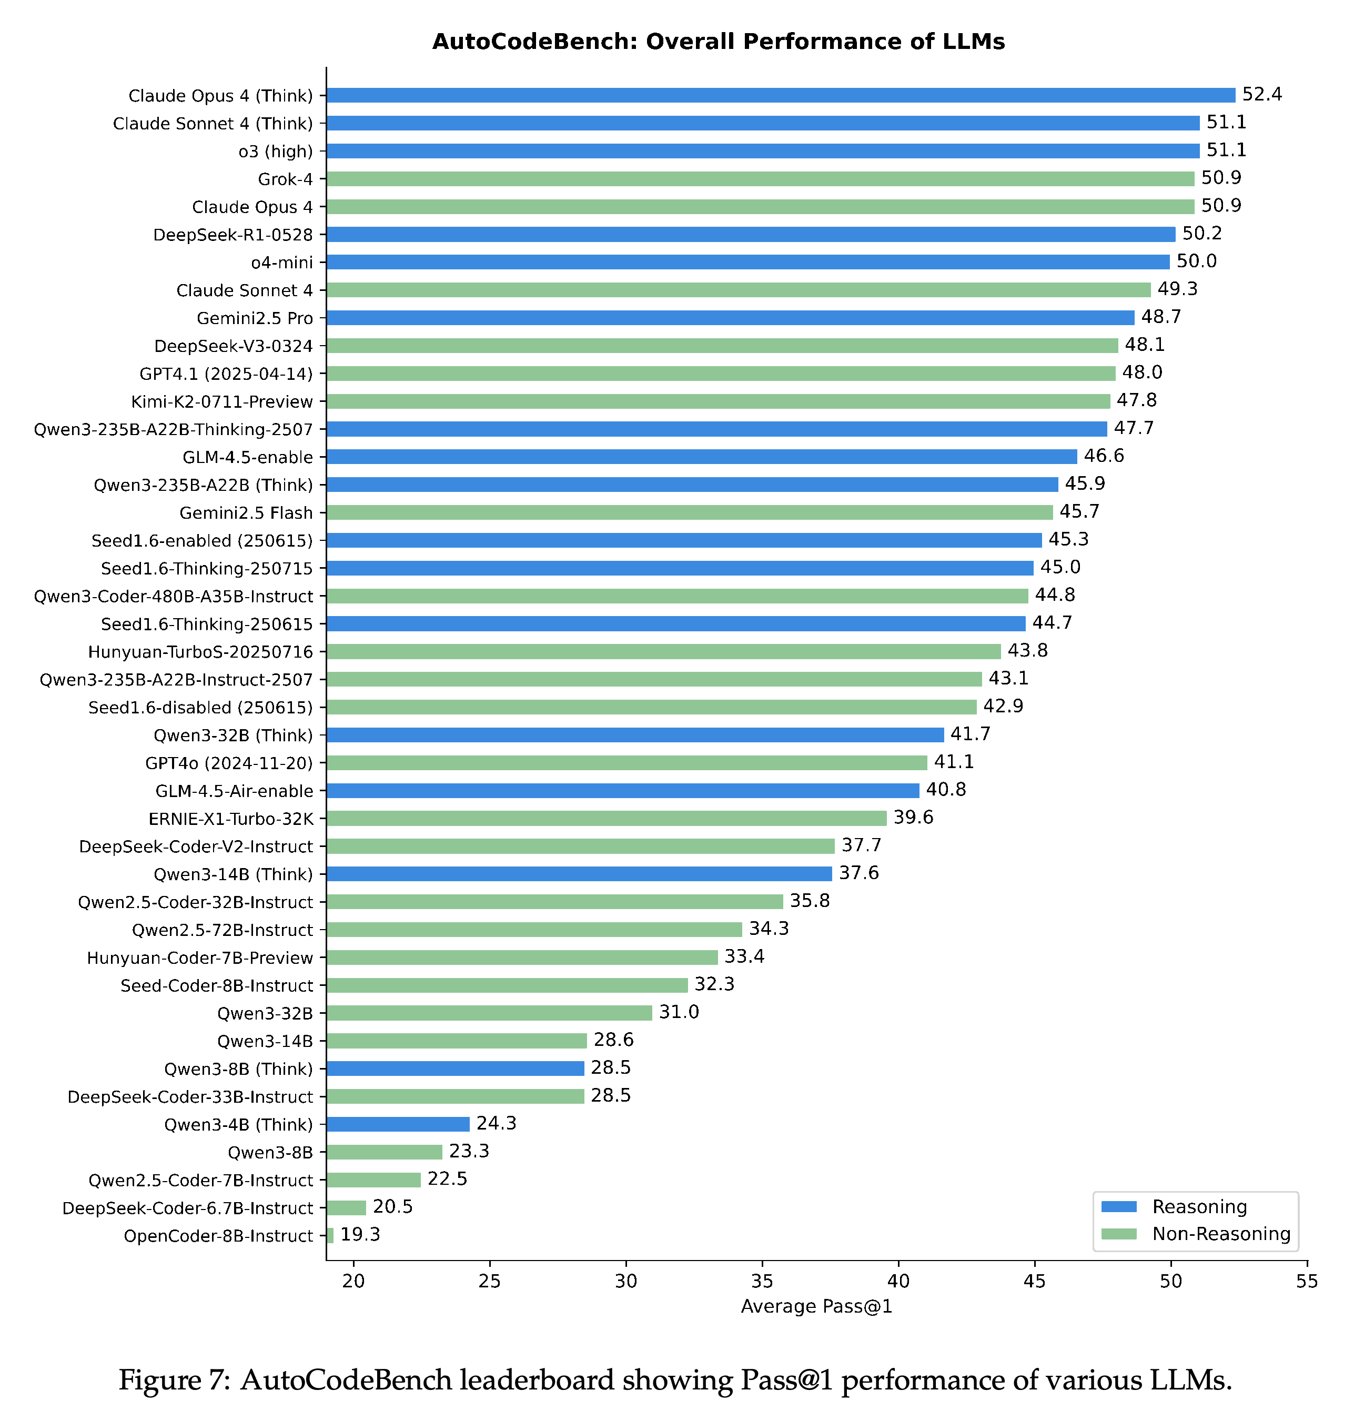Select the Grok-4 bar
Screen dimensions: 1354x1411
[760, 178]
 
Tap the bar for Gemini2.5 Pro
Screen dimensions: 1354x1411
[730, 317]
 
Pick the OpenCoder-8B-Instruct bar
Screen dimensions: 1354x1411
[330, 1235]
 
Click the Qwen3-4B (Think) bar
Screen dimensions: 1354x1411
[398, 1124]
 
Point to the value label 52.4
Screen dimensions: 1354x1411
[1262, 94]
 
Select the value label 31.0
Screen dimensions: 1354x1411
[679, 1012]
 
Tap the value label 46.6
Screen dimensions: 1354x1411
[1104, 456]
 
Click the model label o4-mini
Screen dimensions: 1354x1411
[282, 263]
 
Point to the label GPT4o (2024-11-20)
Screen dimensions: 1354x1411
[229, 763]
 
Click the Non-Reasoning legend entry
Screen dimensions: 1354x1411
[1196, 1234]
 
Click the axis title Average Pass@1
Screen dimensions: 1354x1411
[817, 1306]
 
